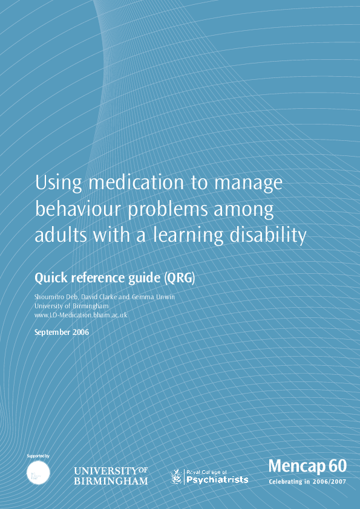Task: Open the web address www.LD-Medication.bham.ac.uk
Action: pos(80,315)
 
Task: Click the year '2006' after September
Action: pos(78,332)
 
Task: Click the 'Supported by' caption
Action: pos(38,455)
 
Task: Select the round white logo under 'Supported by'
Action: pos(39,472)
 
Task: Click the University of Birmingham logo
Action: pos(111,476)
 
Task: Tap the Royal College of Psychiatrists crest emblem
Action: pos(177,476)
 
